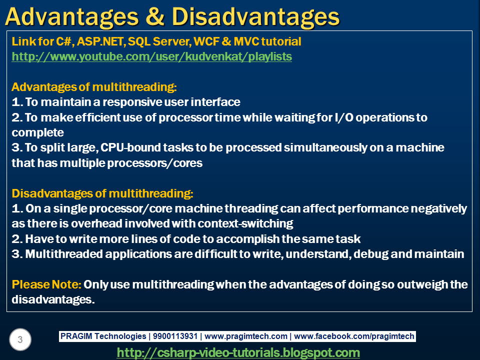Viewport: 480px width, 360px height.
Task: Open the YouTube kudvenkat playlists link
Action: click(x=151, y=56)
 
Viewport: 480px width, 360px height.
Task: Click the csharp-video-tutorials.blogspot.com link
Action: click(x=238, y=352)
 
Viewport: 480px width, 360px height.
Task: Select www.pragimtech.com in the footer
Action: click(x=246, y=336)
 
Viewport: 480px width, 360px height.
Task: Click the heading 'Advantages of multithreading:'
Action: click(x=94, y=87)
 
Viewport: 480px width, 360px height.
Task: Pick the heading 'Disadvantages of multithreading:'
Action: click(x=102, y=193)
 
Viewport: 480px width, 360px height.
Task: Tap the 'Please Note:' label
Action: click(x=46, y=284)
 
